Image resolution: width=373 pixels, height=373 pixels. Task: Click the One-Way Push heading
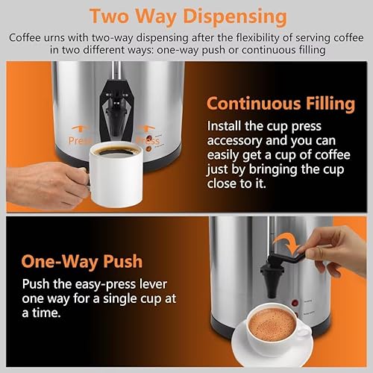click(83, 263)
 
